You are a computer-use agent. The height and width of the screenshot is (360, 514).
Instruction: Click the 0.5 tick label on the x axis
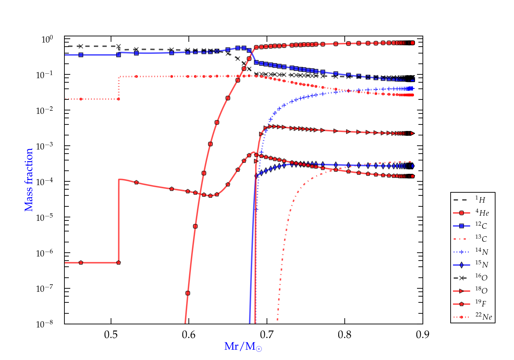(x=111, y=335)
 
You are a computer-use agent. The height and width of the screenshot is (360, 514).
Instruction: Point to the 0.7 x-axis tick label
(x=267, y=335)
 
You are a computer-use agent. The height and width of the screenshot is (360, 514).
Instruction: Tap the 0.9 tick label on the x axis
(x=423, y=335)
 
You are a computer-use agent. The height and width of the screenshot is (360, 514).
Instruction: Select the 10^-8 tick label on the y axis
(x=45, y=324)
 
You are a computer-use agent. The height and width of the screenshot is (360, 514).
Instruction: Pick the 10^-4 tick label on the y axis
(x=45, y=181)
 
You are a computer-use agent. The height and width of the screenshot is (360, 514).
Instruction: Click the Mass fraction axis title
(x=29, y=180)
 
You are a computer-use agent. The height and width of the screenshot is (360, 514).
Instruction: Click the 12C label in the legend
(x=481, y=226)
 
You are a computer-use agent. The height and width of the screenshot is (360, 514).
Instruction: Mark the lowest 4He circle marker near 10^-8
(x=188, y=293)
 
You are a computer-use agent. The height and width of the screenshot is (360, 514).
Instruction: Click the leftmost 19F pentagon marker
(x=81, y=263)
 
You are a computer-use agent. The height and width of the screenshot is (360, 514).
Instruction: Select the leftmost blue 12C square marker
(x=81, y=55)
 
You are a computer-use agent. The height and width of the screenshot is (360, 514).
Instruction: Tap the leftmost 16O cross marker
(x=81, y=46)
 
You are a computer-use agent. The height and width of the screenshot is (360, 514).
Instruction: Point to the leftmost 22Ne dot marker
(x=81, y=99)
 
